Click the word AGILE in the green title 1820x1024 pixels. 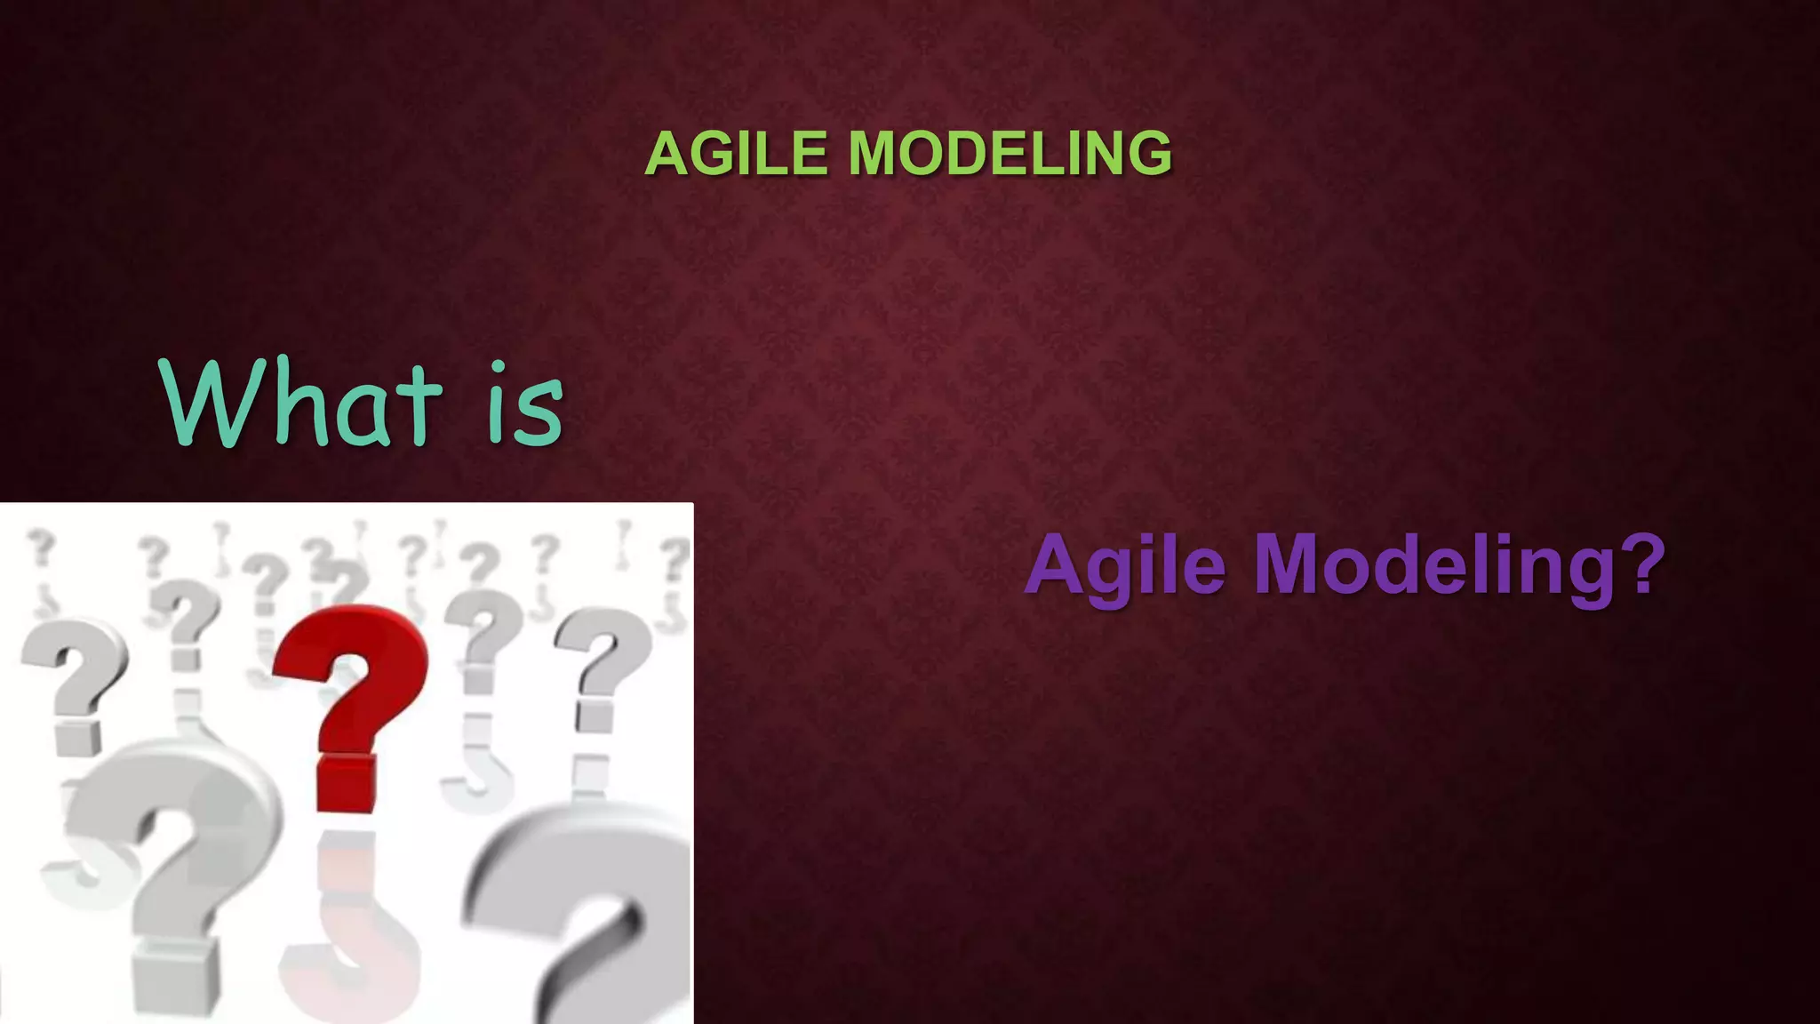tap(737, 154)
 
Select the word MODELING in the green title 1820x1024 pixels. tap(1010, 154)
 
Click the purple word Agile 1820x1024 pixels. tap(1125, 566)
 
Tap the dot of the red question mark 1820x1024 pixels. tap(347, 782)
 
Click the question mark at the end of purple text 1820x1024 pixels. tap(1638, 563)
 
